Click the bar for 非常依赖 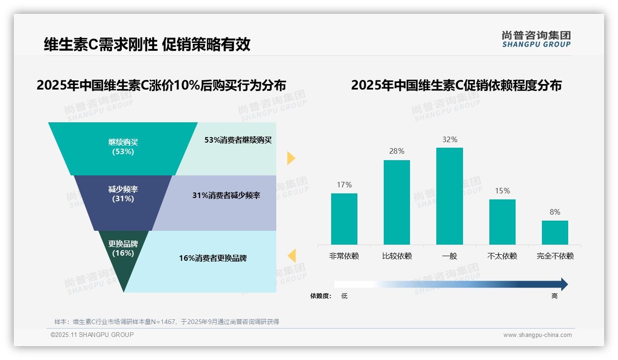point(344,219)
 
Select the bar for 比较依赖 point(397,202)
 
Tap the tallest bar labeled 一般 point(449,196)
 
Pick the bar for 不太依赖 point(502,222)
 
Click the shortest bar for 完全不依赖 point(555,233)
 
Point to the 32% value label point(449,139)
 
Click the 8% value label point(555,212)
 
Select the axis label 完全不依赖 point(555,256)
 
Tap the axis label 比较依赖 point(397,256)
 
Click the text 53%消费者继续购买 point(238,140)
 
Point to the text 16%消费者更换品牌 point(213,258)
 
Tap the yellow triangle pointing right point(291,158)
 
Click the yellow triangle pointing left point(291,255)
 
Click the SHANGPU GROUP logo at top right point(536,39)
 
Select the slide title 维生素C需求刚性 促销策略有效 point(147,44)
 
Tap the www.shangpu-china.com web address point(537,335)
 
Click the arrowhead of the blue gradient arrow point(564,284)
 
